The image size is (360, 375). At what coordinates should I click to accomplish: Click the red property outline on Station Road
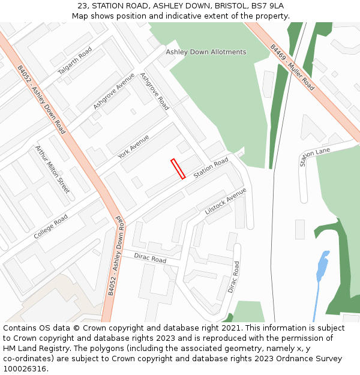point(178,169)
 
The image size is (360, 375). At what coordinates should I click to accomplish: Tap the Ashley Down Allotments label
point(206,52)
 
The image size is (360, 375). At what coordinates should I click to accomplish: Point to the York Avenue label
point(133,146)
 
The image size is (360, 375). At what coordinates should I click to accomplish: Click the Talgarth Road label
point(74,61)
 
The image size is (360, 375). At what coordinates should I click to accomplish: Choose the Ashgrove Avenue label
point(114,91)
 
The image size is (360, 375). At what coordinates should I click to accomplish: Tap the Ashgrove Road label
point(154,91)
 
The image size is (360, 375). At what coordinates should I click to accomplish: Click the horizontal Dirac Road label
point(150,258)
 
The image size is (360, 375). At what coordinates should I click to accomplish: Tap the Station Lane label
point(314,157)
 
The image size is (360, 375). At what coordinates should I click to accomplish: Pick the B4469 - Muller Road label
point(292,67)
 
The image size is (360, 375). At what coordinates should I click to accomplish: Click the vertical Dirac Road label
point(233,277)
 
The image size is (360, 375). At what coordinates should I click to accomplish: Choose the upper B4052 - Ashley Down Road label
point(41,99)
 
